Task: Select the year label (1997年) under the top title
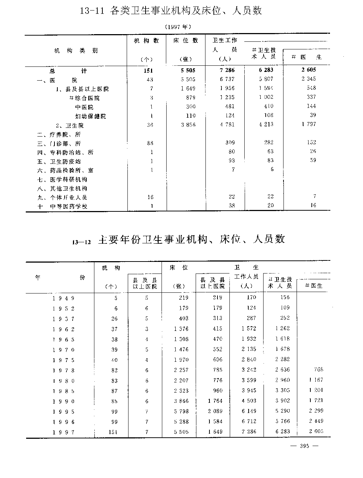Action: [178, 27]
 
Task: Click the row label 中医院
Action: [84, 107]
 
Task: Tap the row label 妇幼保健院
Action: [91, 116]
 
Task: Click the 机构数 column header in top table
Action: [146, 41]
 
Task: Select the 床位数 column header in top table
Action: [186, 41]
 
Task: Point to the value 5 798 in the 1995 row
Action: [181, 412]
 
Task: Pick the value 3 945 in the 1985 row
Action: [248, 391]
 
